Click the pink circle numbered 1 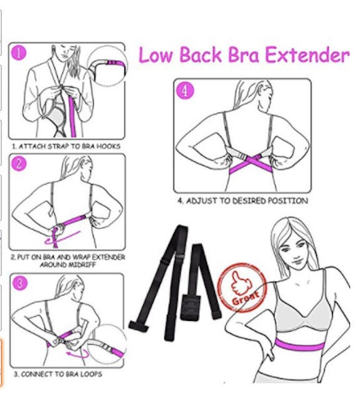pyautogui.click(x=20, y=53)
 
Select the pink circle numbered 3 pyautogui.click(x=20, y=283)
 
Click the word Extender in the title pyautogui.click(x=306, y=55)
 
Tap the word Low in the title pyautogui.click(x=157, y=55)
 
